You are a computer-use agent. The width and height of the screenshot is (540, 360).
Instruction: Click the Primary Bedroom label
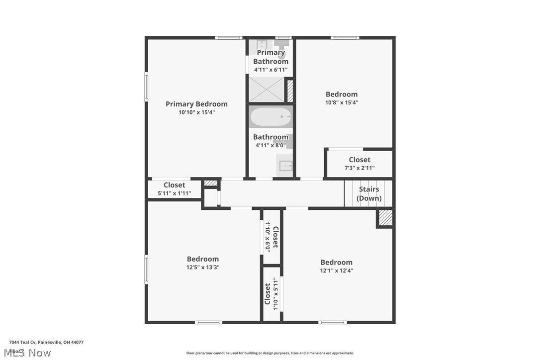point(196,104)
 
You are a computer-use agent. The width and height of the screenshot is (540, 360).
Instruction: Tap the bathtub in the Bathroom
point(270,118)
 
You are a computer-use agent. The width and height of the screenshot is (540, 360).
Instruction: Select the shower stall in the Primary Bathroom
point(266,90)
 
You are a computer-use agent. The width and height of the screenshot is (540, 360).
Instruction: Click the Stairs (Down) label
point(369,193)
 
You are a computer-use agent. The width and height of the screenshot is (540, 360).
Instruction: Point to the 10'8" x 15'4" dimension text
point(342,102)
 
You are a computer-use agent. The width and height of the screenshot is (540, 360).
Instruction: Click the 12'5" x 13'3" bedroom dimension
point(203,267)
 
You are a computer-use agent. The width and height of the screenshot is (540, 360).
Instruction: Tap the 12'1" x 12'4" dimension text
point(337,270)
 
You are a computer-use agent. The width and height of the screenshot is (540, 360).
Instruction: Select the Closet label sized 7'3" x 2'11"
point(360,160)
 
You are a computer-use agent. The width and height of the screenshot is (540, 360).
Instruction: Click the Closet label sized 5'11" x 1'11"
point(175,185)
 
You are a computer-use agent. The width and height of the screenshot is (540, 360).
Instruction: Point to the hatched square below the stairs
point(385,218)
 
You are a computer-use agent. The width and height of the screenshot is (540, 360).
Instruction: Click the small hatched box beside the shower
point(290,91)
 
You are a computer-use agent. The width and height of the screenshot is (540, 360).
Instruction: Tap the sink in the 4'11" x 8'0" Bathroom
point(286,166)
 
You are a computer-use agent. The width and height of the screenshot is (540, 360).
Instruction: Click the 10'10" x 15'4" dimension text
point(196,112)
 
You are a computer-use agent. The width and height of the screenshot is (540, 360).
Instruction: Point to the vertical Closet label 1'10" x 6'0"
point(271,237)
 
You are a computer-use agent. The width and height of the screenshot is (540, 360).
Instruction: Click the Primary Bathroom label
point(271,57)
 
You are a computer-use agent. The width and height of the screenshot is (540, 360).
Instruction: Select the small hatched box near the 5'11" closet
point(211,183)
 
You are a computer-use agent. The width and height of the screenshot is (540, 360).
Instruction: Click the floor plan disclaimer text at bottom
point(270,353)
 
